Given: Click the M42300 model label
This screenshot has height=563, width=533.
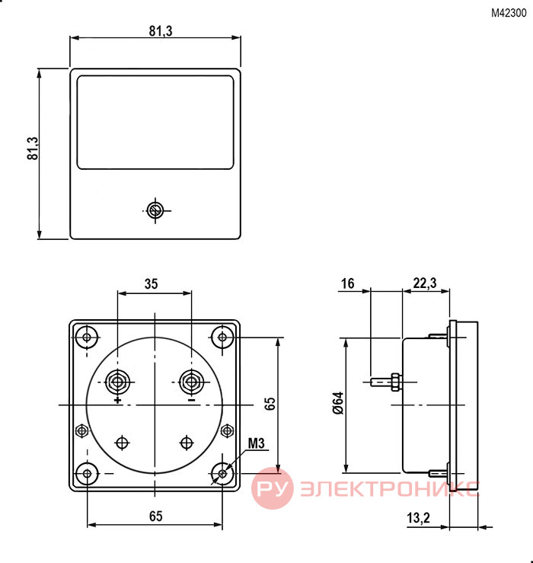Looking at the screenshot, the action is pyautogui.click(x=509, y=13).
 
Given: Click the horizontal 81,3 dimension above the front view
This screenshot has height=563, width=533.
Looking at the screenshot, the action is pyautogui.click(x=161, y=31).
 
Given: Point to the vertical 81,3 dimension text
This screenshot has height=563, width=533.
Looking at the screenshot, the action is pyautogui.click(x=33, y=149).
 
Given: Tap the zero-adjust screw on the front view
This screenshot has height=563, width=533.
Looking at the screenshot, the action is pyautogui.click(x=155, y=210).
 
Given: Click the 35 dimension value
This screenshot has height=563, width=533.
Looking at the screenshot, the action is pyautogui.click(x=151, y=283).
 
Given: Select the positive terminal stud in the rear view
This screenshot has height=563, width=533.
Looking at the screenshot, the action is pyautogui.click(x=118, y=382).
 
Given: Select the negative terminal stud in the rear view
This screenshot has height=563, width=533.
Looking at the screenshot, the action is pyautogui.click(x=191, y=382).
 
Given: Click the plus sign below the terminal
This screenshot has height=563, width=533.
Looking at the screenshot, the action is pyautogui.click(x=118, y=400).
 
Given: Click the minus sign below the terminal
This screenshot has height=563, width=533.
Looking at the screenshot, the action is pyautogui.click(x=192, y=400).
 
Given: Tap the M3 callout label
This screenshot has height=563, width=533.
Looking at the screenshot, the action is pyautogui.click(x=256, y=443).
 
